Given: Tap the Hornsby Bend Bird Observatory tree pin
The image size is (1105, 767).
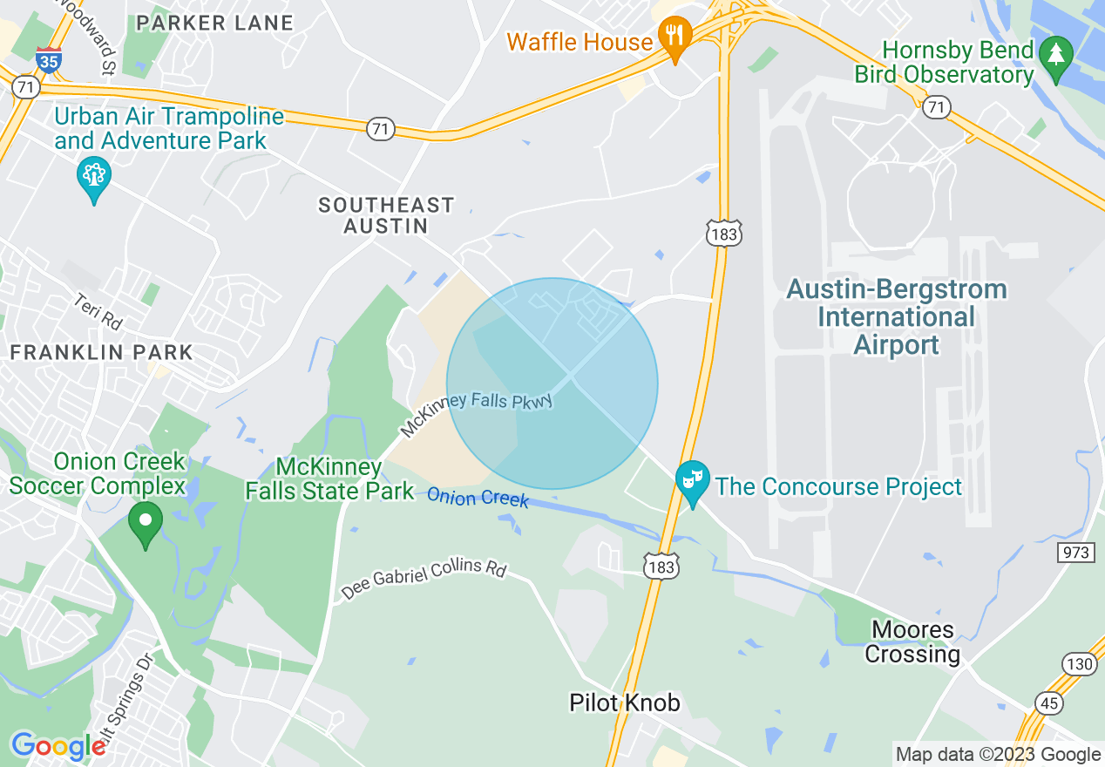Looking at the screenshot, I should pyautogui.click(x=1056, y=58).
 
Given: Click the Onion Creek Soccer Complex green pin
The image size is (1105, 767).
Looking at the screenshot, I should pyautogui.click(x=146, y=523).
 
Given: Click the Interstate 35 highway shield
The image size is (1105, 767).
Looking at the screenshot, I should pyautogui.click(x=49, y=60).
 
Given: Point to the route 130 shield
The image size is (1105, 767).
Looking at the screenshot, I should pyautogui.click(x=1080, y=665).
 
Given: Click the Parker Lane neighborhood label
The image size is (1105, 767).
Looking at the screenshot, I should pyautogui.click(x=214, y=24).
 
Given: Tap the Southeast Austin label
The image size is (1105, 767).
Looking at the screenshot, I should pyautogui.click(x=386, y=215).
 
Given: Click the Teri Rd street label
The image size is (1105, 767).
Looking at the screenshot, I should pyautogui.click(x=97, y=311).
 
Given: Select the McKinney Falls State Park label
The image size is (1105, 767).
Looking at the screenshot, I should pyautogui.click(x=329, y=479).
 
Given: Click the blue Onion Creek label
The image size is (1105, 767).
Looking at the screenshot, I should pyautogui.click(x=477, y=498).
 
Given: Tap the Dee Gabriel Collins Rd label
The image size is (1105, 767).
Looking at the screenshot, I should pyautogui.click(x=424, y=578).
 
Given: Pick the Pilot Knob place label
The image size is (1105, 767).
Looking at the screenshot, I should pyautogui.click(x=624, y=703).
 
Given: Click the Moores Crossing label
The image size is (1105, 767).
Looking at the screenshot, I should pyautogui.click(x=912, y=641).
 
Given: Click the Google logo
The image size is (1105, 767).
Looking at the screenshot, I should pyautogui.click(x=58, y=746).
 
